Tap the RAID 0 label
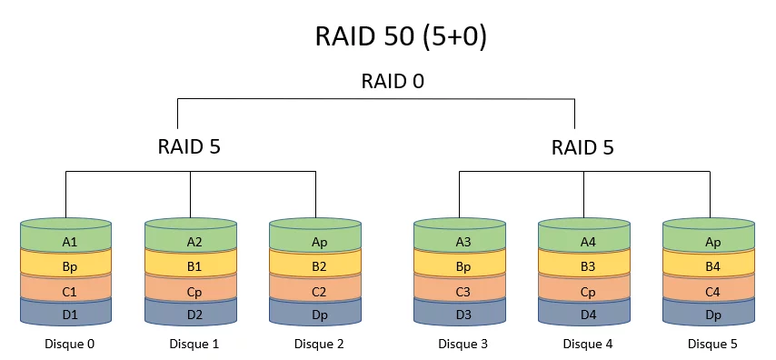393,81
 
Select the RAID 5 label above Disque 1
190,146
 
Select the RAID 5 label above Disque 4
582,146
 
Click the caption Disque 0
69,344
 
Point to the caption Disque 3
463,344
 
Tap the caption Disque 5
712,344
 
